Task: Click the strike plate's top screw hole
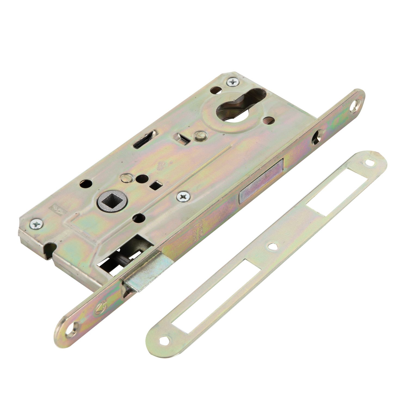(369, 163)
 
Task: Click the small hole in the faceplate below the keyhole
(316, 136)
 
